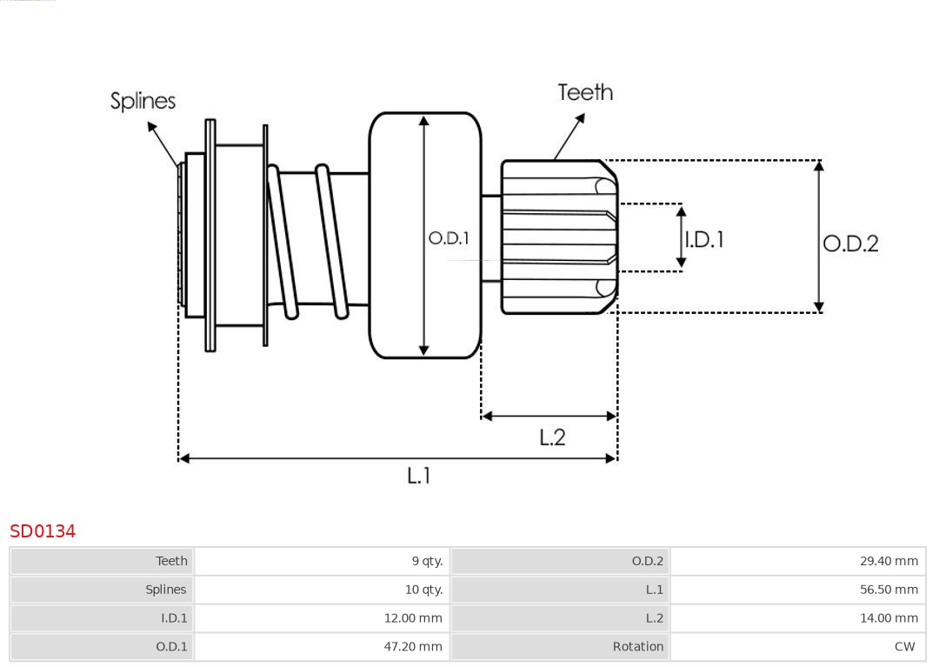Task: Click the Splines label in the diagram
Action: point(143,101)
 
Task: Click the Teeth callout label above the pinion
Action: point(585,92)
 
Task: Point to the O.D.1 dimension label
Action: point(449,237)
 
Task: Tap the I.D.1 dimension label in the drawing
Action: point(704,239)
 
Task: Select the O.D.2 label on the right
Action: point(850,243)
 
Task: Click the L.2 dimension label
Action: point(552,437)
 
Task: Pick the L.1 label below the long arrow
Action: point(419,476)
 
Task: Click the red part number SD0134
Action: point(43,530)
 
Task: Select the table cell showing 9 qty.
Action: point(427,561)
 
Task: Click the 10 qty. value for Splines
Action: point(423,590)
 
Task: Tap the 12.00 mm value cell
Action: point(413,618)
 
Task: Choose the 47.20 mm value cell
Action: point(413,647)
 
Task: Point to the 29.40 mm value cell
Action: point(889,561)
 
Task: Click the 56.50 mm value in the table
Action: point(889,590)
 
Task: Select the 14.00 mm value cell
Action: point(889,618)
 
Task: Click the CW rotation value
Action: point(904,647)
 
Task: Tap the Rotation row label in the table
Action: point(637,647)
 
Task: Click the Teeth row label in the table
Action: point(171,561)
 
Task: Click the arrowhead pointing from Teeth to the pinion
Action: point(556,157)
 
